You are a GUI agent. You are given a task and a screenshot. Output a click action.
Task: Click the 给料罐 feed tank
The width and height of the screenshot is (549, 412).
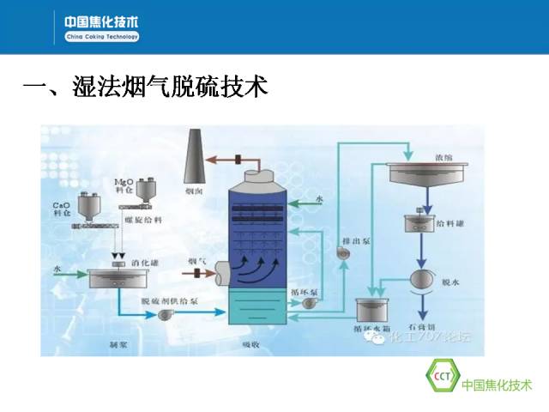421,224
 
